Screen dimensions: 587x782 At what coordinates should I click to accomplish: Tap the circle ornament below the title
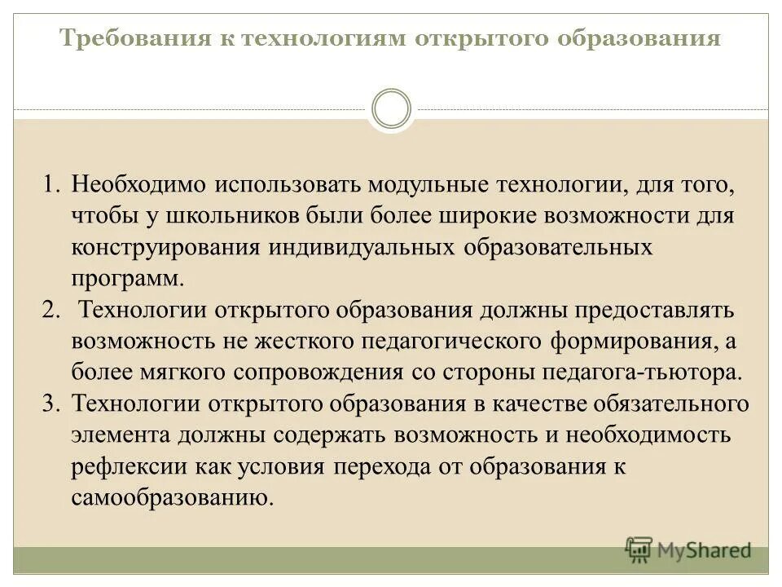point(391,109)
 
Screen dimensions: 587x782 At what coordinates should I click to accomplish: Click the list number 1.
point(51,183)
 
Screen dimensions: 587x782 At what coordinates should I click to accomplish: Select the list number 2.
point(51,311)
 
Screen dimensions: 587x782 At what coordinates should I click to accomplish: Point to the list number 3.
point(51,404)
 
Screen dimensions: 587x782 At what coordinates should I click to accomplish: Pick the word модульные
point(426,183)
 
